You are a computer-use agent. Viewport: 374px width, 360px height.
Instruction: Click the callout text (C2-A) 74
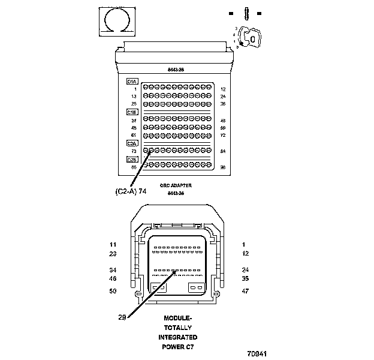(x=131, y=191)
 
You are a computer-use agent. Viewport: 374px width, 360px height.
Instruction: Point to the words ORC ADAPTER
(x=176, y=186)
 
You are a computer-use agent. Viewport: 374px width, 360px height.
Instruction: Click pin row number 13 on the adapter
(x=134, y=96)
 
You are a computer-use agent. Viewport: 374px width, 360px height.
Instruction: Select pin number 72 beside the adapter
(x=223, y=135)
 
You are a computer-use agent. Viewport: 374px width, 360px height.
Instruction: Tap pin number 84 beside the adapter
(x=223, y=151)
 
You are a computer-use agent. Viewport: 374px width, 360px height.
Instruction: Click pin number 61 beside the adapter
(x=134, y=135)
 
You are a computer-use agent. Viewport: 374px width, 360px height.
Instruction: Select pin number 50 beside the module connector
(x=113, y=291)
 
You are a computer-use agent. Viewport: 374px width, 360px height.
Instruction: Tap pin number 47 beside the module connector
(x=245, y=291)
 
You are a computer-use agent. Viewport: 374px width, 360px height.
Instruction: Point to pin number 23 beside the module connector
(x=113, y=254)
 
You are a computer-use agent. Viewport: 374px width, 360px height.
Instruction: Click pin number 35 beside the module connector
(x=245, y=278)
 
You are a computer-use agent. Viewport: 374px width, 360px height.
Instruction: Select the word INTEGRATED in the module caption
(x=177, y=337)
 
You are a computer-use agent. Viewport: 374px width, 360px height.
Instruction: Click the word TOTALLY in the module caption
(x=177, y=328)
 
